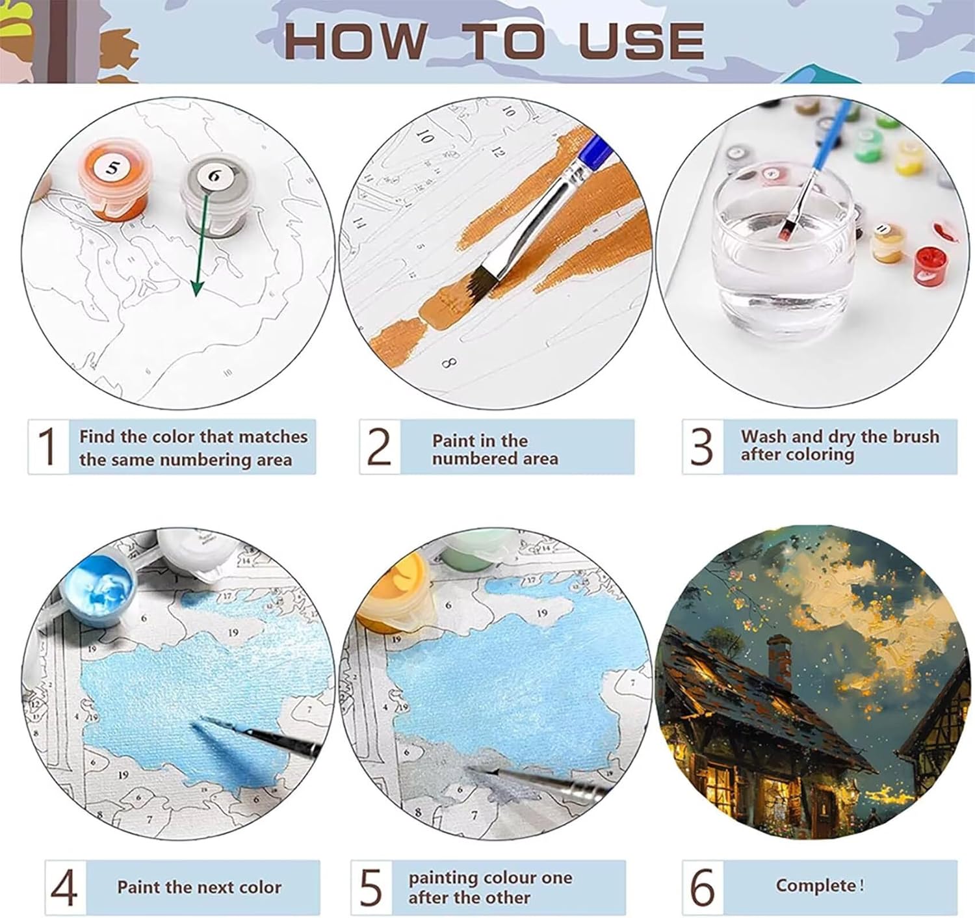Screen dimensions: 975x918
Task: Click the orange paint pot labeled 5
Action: tap(114, 179)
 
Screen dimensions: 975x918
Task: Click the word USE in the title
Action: tap(641, 41)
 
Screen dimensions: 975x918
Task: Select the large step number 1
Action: tap(47, 447)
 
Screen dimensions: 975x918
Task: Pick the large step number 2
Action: tap(380, 447)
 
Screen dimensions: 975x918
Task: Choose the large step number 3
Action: tap(702, 447)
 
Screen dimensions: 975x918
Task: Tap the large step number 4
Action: tap(64, 887)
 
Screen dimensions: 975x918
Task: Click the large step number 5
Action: tap(371, 887)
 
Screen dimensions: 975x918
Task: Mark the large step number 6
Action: tap(703, 887)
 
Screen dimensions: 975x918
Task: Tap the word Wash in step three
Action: tap(764, 436)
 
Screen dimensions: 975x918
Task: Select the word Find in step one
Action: tap(97, 436)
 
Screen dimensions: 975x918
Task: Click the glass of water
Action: tap(781, 250)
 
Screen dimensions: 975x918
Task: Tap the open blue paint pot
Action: tap(97, 592)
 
